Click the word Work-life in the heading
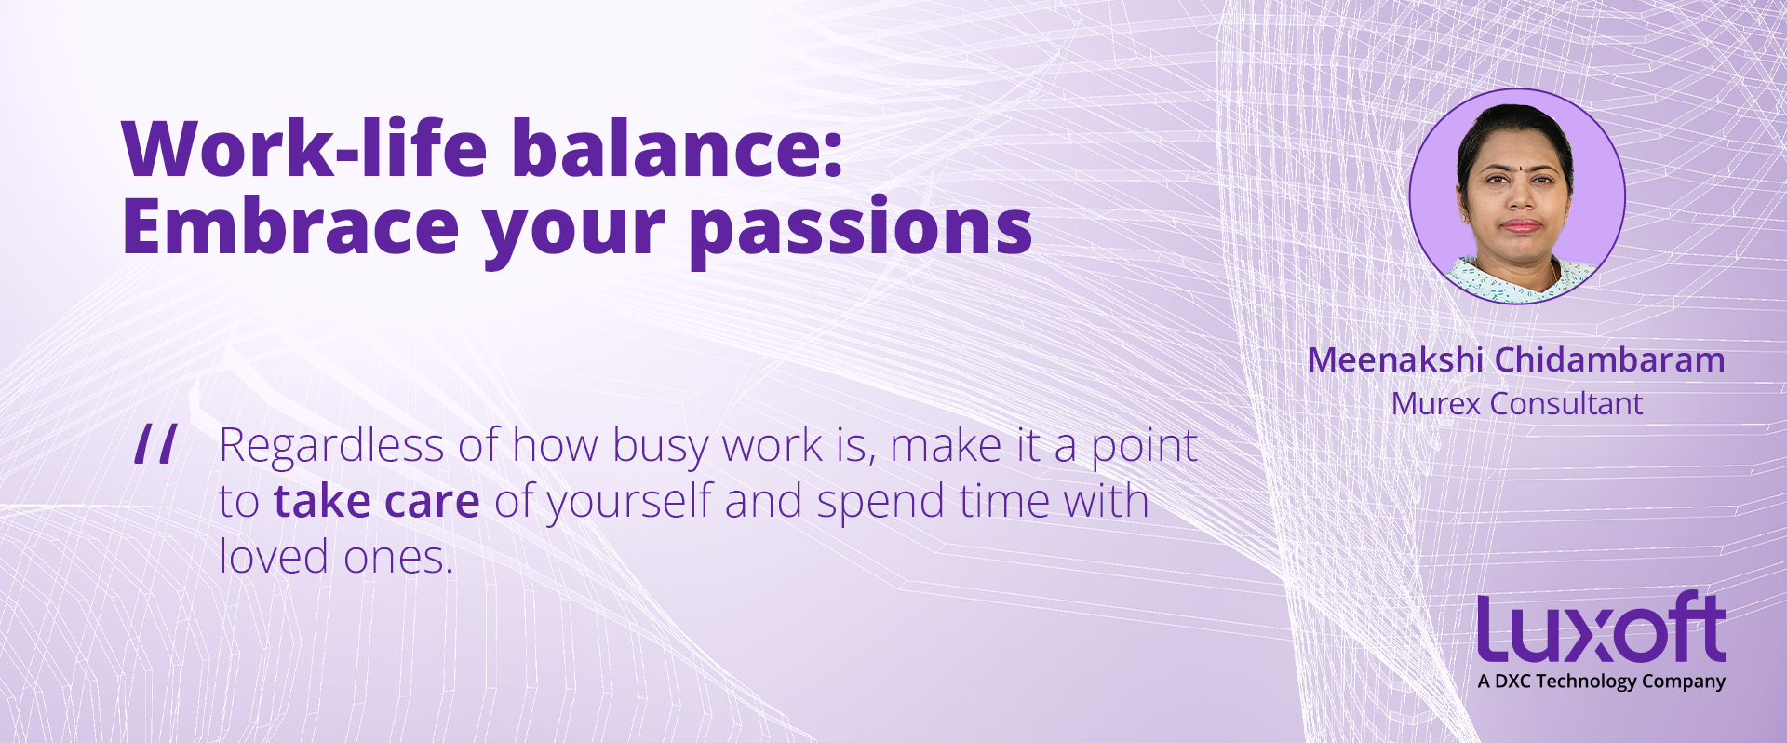304,148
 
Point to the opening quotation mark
155,444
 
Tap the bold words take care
377,501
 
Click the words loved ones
336,557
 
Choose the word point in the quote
1144,448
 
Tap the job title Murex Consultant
1517,404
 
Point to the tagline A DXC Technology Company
1601,682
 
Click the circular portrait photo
1517,196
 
